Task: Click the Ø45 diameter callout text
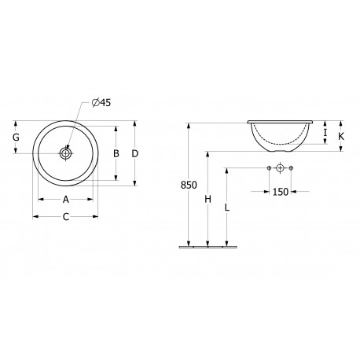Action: (x=101, y=102)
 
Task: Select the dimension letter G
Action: (x=16, y=137)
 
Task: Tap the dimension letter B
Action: (x=116, y=153)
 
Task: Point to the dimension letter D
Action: (x=134, y=153)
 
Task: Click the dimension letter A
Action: (x=66, y=200)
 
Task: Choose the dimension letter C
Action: (x=66, y=217)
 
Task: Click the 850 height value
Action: (x=189, y=185)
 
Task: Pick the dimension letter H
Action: (x=208, y=200)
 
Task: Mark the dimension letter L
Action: (x=227, y=208)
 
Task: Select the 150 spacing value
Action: (x=281, y=192)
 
